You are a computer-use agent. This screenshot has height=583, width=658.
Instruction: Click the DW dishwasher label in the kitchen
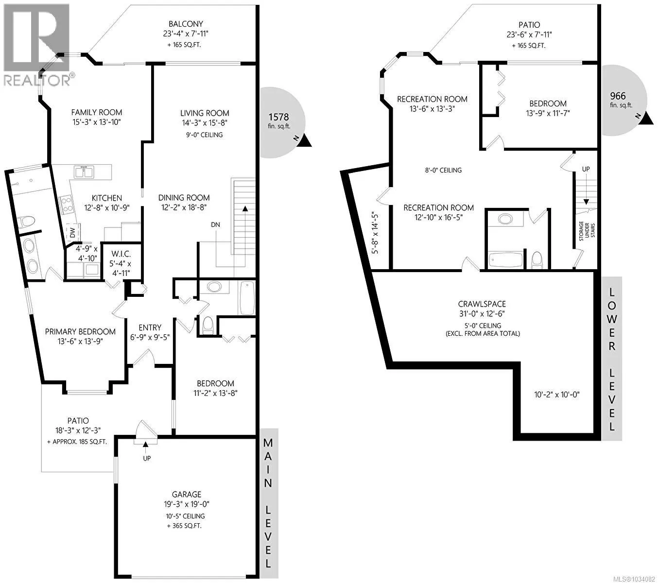coord(72,233)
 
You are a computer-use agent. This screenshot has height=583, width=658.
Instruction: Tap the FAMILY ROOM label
coord(97,112)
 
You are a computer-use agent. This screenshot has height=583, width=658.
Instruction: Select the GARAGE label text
coord(187,494)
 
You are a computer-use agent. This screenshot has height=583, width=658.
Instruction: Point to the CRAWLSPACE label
coord(482,304)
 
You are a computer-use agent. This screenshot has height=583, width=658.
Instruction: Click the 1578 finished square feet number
coord(278,117)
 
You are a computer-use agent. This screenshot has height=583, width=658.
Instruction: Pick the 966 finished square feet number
coord(618,96)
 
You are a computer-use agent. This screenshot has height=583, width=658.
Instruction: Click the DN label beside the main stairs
coord(215,224)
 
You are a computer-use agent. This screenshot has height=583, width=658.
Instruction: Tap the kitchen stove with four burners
coord(66,205)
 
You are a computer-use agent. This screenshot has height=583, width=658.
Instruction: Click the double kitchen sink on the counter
coord(84,172)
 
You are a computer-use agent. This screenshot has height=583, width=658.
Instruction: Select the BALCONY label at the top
coord(186,24)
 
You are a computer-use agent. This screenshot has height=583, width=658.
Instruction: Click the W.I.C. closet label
coord(121,254)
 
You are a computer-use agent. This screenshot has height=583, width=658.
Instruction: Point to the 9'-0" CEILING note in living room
coord(204,135)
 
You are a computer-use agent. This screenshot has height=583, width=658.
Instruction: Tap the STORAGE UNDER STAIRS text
coord(587,231)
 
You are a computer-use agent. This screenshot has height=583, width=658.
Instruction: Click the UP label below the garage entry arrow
coord(147,458)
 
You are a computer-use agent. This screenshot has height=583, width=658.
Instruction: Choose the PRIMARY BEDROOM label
coord(80,332)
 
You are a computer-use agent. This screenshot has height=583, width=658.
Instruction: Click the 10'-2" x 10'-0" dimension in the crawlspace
coord(556,394)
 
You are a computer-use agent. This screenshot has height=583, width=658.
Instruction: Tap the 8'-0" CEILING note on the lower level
coord(443,170)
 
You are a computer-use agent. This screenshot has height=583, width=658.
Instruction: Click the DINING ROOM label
coord(184,197)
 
